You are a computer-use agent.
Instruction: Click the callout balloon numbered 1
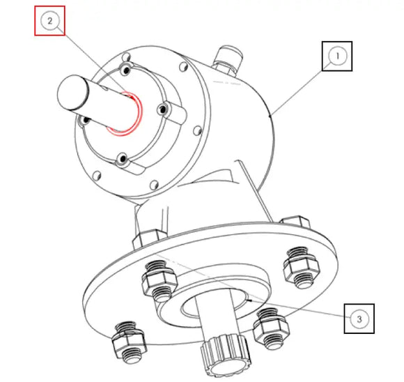pos(337,56)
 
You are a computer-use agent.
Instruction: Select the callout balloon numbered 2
pos(50,20)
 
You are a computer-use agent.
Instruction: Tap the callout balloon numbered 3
pos(359,319)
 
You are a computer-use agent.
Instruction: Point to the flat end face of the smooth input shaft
pos(70,91)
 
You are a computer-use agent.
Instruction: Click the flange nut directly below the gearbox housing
pos(158,279)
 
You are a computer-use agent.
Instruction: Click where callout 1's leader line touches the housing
pos(272,112)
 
